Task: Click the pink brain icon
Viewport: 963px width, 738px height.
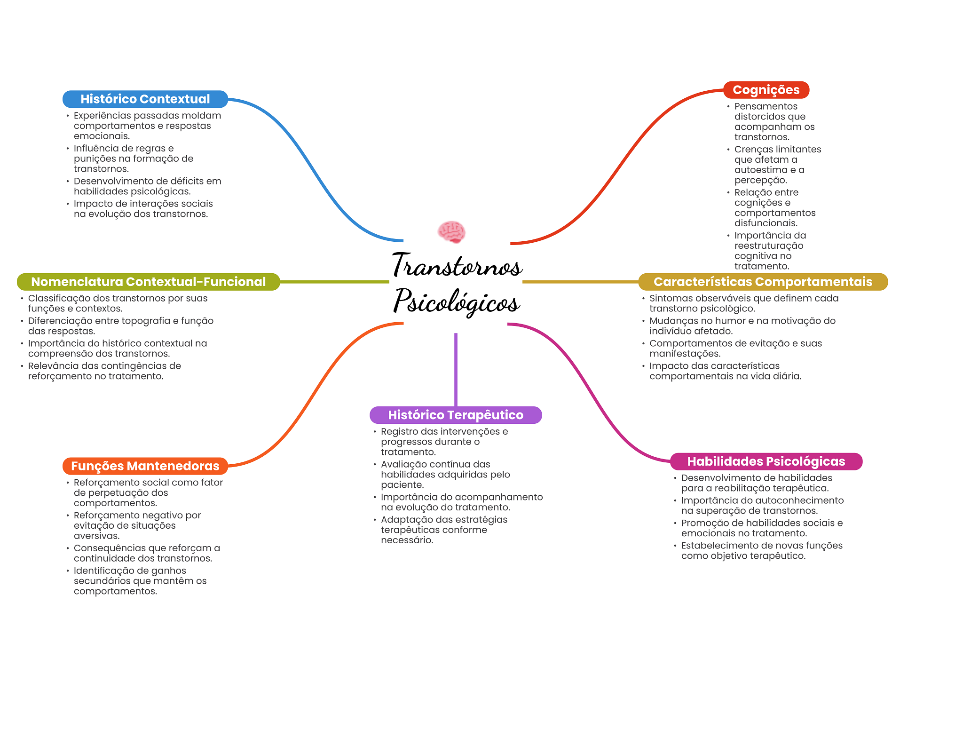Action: click(451, 232)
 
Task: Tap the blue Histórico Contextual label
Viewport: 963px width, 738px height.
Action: click(145, 99)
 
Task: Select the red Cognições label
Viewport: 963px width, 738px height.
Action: click(766, 90)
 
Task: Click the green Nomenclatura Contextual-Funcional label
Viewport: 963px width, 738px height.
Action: click(148, 282)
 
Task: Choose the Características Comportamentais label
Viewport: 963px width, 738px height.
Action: click(762, 282)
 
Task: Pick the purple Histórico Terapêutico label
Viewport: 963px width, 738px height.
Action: click(455, 415)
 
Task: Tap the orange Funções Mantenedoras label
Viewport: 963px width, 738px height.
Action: click(145, 466)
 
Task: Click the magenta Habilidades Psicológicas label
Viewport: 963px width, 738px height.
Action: click(766, 461)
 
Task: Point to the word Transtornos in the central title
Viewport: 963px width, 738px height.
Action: click(457, 265)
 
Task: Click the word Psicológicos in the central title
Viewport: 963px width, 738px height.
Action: click(457, 301)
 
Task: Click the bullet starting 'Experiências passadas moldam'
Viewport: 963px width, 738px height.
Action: click(147, 126)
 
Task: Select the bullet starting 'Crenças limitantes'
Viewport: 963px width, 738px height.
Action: click(777, 165)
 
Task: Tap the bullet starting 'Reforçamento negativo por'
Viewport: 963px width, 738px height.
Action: click(137, 525)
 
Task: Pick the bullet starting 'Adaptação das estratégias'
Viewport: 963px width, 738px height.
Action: click(443, 530)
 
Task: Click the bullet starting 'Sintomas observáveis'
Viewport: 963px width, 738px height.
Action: click(743, 303)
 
